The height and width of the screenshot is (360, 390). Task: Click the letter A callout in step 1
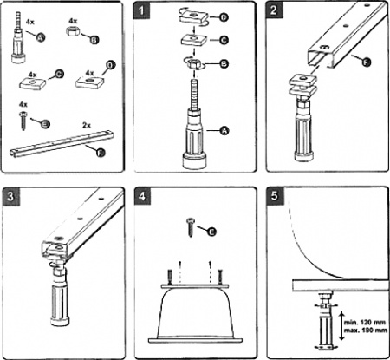224,130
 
